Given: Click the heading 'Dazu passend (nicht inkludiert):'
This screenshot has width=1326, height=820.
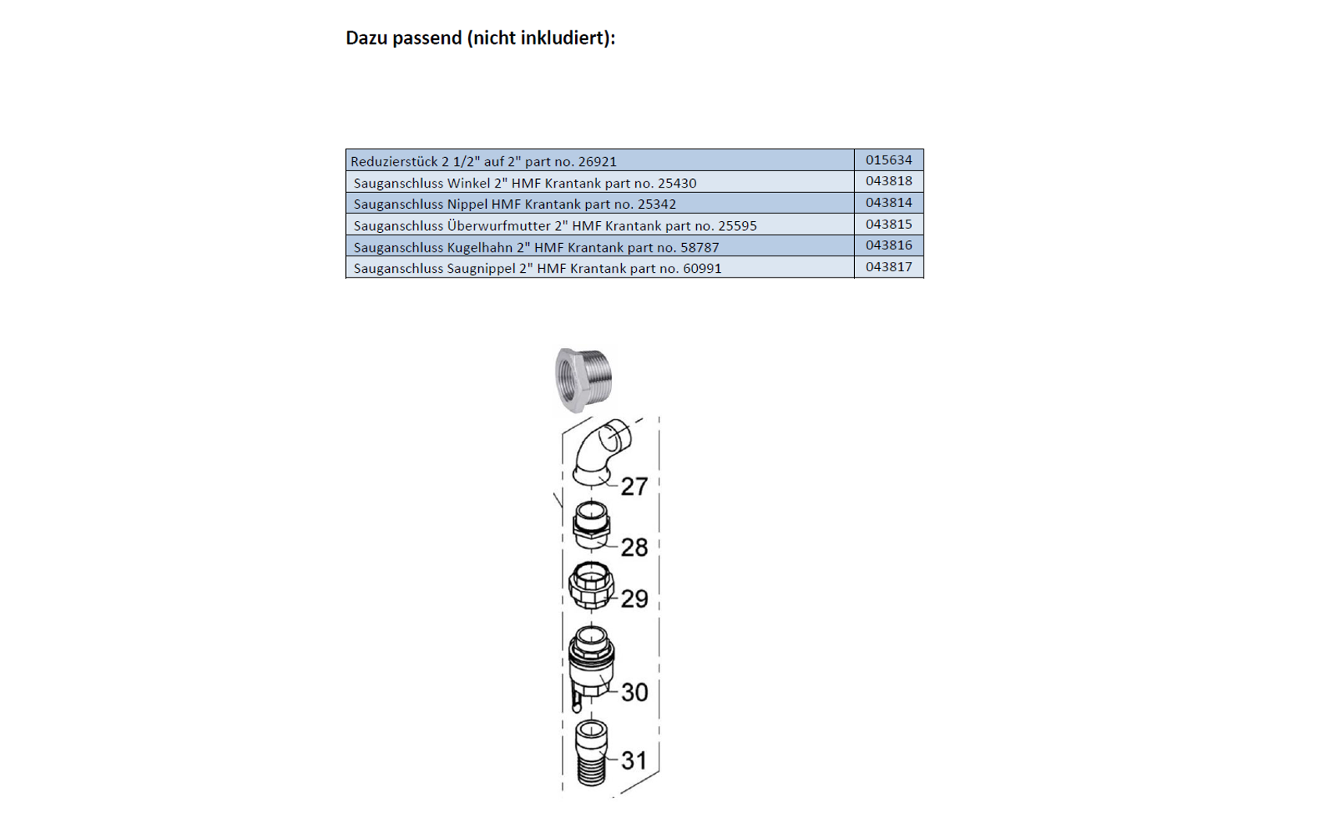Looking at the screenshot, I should point(480,38).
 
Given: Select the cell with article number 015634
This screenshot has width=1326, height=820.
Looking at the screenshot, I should point(888,160).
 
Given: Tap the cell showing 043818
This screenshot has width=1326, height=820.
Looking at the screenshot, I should point(888,181).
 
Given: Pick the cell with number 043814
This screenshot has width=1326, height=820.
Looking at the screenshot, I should point(888,203).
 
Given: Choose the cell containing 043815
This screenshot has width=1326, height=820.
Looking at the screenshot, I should point(888,224).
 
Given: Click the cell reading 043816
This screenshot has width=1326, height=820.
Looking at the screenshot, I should point(888,245).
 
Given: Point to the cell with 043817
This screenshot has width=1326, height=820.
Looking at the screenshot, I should point(888,267).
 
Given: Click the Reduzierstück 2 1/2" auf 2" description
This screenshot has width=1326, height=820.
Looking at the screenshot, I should point(484,162).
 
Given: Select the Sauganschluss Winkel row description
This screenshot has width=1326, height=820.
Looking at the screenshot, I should point(524,183).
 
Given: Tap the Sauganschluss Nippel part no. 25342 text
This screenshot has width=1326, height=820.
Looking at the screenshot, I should point(514,204).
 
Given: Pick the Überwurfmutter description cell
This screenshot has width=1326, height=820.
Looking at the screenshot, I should point(555,226).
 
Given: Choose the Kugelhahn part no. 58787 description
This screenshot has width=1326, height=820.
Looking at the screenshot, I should point(536,248).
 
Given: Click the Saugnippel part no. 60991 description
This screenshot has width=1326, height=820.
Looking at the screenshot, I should point(538,269).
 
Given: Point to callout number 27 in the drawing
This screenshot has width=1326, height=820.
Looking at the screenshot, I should point(634,487).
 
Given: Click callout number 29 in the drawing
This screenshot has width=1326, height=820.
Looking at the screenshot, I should point(634,599).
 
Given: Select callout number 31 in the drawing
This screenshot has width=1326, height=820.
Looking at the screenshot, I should point(634,761).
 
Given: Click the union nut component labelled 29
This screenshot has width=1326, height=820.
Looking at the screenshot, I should point(592,585).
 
